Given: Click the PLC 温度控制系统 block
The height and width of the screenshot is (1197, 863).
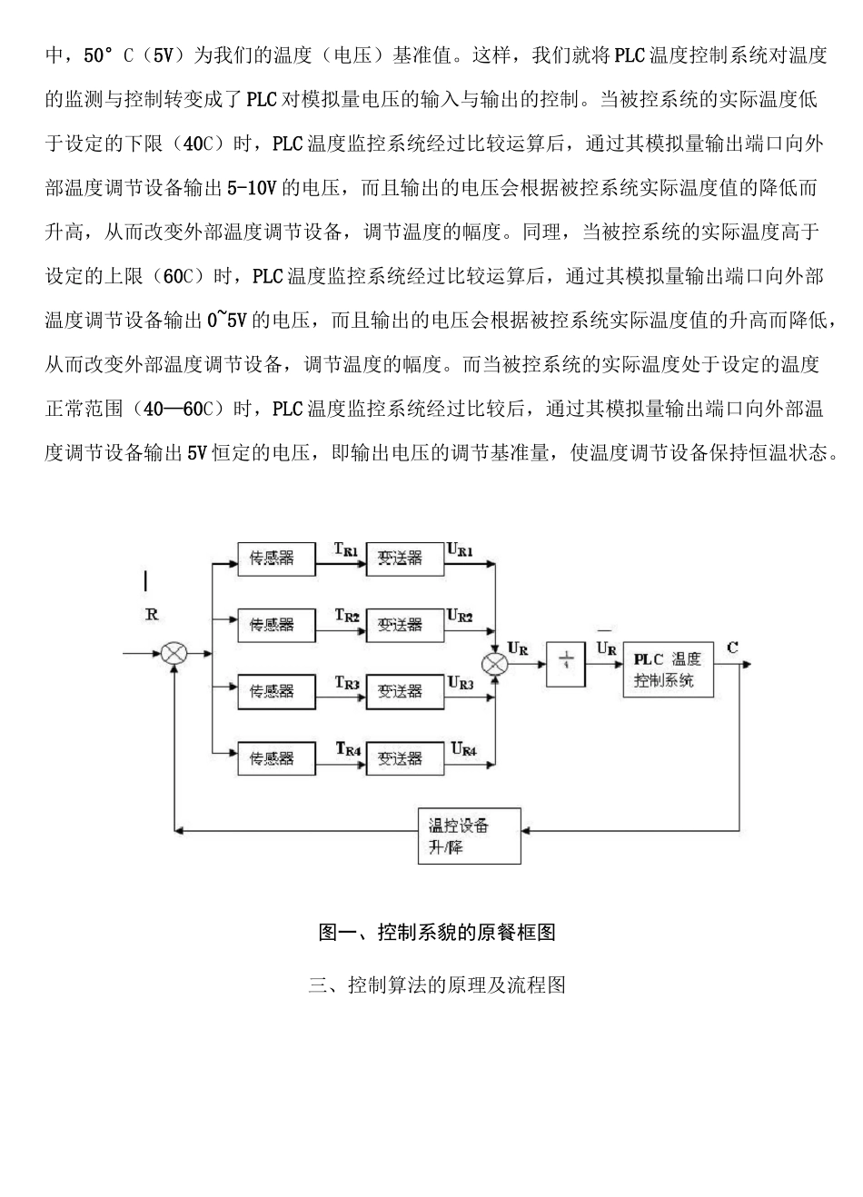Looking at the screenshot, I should [x=668, y=670].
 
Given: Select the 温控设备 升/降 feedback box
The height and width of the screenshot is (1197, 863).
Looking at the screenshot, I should [x=469, y=836].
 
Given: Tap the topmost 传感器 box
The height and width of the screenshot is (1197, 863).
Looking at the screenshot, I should [x=272, y=559].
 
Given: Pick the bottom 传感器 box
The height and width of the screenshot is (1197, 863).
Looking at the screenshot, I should [x=272, y=757].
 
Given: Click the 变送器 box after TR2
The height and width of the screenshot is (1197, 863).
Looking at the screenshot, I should [x=400, y=625].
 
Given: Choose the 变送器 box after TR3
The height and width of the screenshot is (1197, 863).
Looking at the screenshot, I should [x=400, y=691].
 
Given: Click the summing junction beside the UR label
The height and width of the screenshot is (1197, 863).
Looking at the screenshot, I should [x=495, y=664].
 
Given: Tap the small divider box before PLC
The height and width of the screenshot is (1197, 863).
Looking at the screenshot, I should [x=565, y=664].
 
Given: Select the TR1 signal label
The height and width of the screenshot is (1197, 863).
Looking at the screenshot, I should [x=347, y=550].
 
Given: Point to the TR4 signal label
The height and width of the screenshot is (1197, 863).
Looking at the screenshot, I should [x=348, y=749].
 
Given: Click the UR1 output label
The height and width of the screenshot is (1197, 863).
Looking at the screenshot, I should [x=460, y=549].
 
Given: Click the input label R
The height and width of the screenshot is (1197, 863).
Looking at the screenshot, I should [x=152, y=615].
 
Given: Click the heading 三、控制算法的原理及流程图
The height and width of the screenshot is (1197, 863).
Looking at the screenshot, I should [x=437, y=984].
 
